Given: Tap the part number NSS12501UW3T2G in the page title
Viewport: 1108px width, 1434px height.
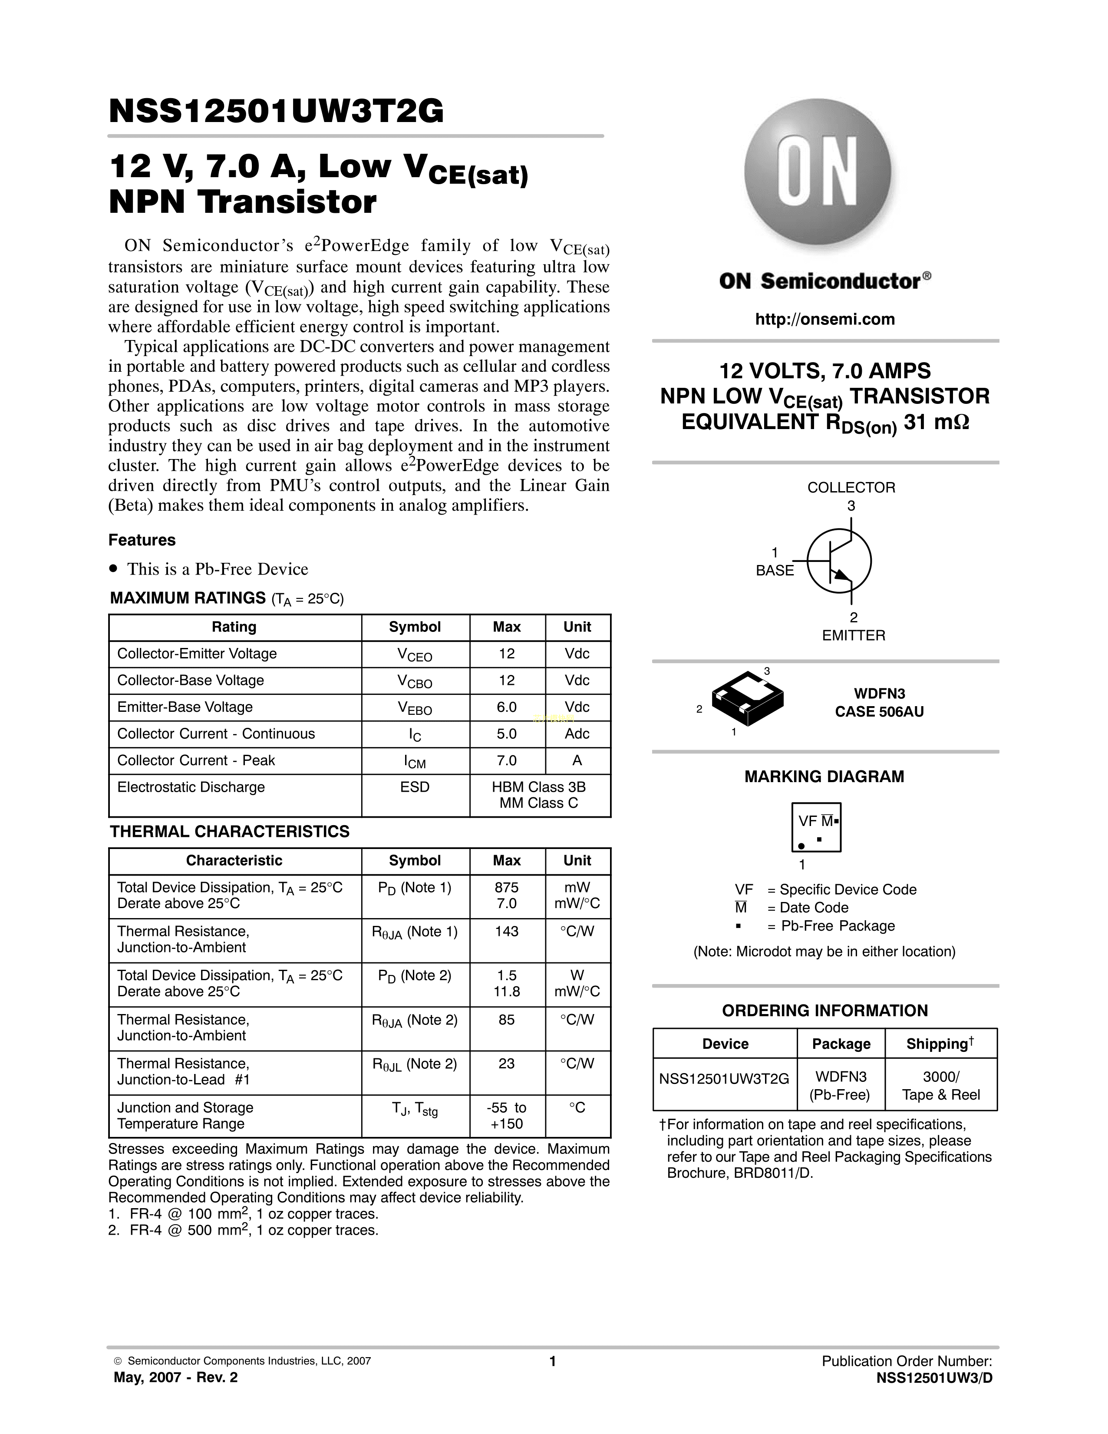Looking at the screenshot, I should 276,111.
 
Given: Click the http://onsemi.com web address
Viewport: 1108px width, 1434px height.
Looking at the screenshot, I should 825,320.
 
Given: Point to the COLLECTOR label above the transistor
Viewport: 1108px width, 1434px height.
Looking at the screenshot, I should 851,487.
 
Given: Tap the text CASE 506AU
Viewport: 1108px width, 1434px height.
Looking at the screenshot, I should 879,712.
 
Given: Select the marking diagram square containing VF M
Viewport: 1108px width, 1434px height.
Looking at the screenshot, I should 816,827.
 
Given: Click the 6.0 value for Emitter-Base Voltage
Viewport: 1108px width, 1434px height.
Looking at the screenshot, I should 507,707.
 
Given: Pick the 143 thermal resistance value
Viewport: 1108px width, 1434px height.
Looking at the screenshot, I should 507,931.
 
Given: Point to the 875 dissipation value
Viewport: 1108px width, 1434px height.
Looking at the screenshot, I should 507,887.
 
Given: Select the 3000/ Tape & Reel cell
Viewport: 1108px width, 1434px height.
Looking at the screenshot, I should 940,1085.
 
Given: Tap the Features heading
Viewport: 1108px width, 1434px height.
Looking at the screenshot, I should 142,540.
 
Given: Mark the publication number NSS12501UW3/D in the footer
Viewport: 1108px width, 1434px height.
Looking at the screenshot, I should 934,1378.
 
